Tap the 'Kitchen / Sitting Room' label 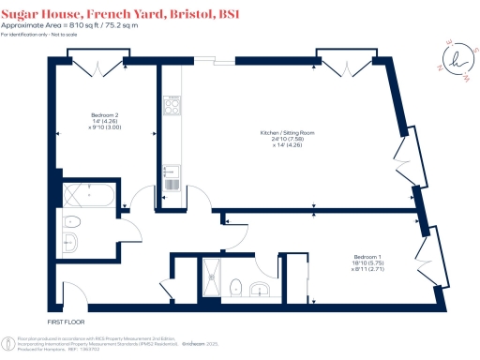pos(287,134)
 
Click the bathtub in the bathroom pos(86,197)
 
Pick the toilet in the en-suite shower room pos(238,286)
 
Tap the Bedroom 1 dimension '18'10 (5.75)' pos(367,263)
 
